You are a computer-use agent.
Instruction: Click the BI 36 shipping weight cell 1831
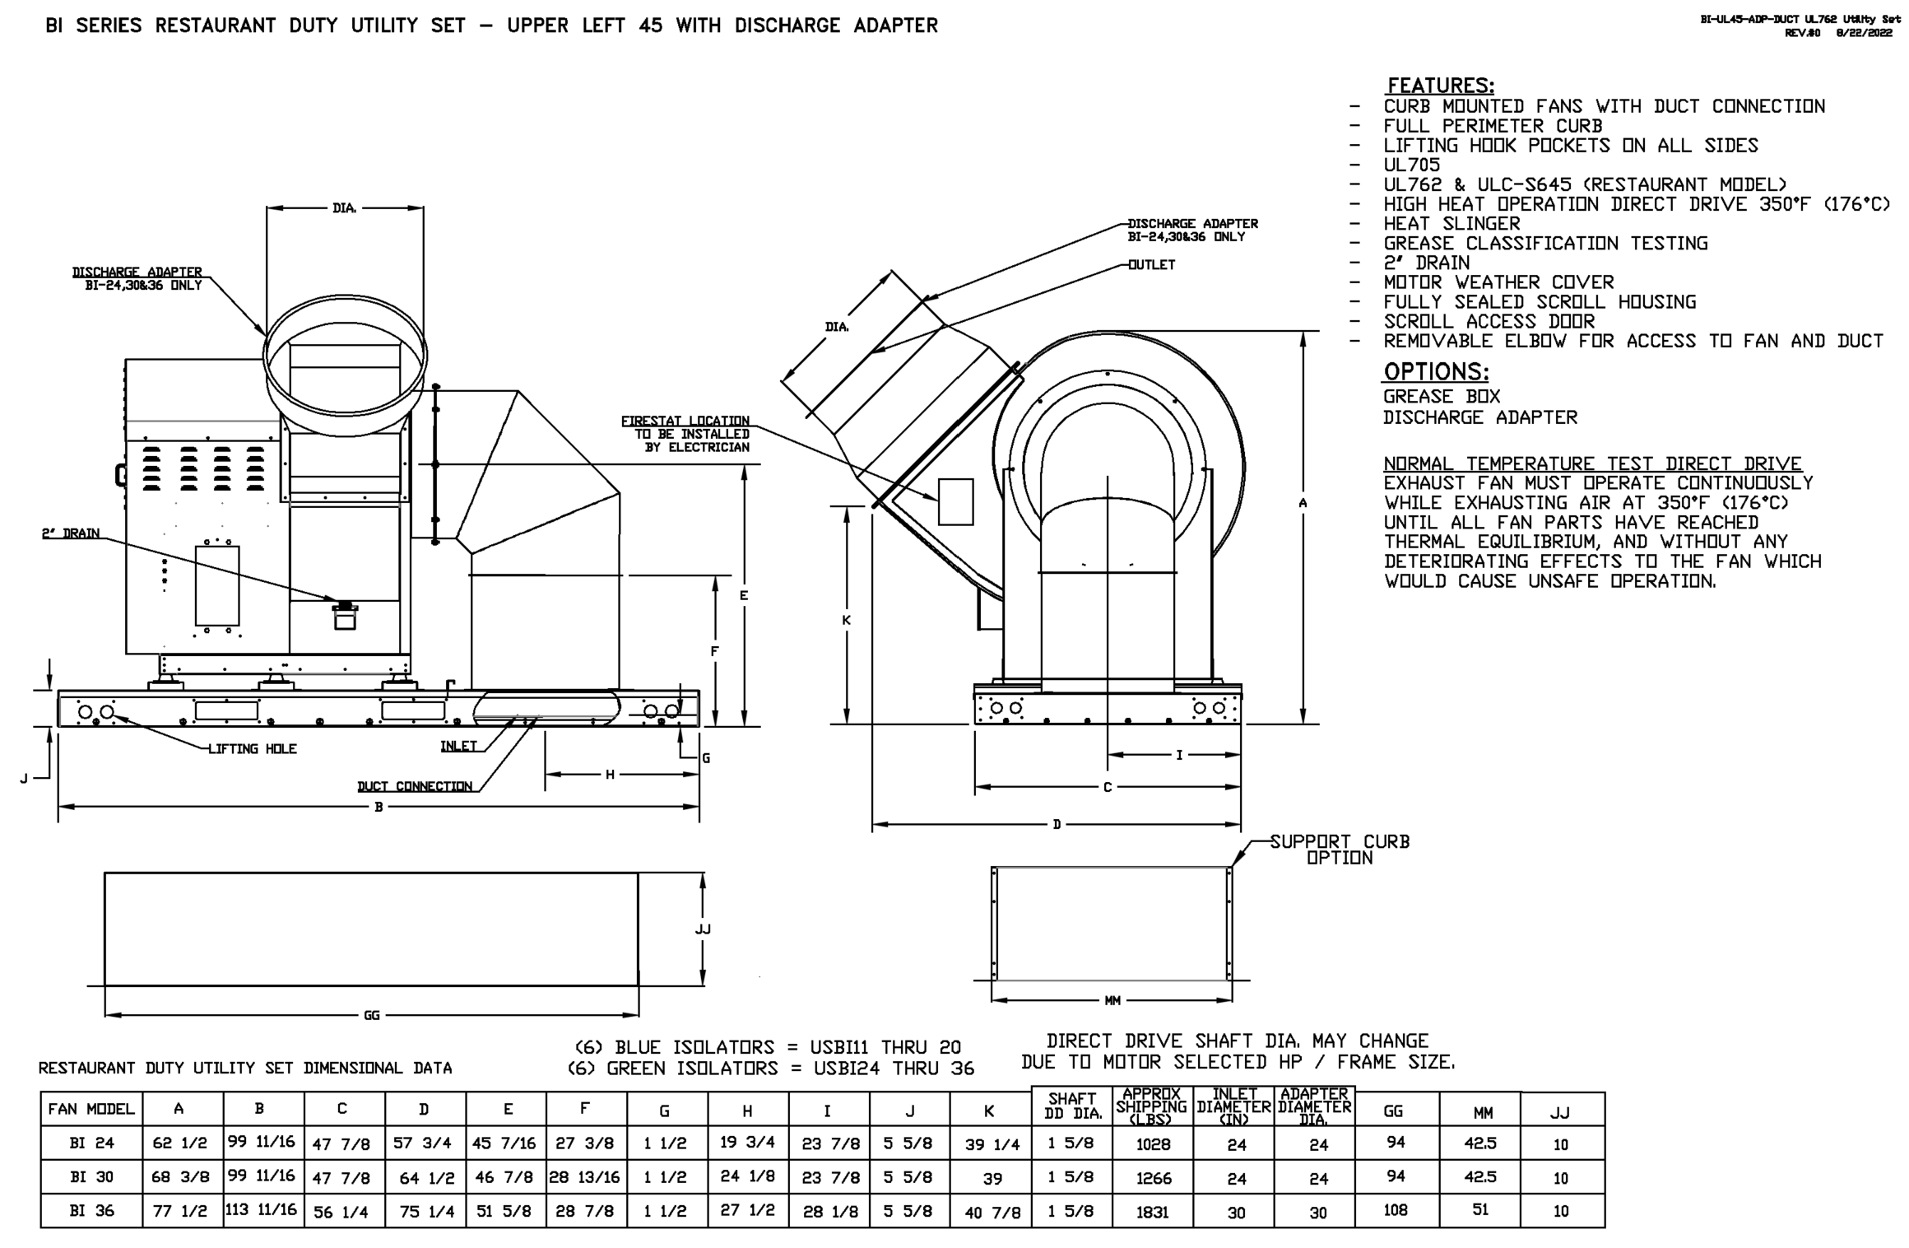(x=1152, y=1212)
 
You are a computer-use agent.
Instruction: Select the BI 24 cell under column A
(x=179, y=1143)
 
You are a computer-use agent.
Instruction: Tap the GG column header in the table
(x=1393, y=1111)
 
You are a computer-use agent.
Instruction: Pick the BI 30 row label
(x=91, y=1177)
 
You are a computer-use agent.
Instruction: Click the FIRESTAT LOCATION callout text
(x=685, y=434)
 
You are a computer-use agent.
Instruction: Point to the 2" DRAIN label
(x=71, y=533)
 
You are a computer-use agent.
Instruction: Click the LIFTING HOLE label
(x=252, y=749)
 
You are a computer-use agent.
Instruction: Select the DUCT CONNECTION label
(x=415, y=786)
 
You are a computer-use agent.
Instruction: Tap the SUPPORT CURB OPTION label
(x=1340, y=850)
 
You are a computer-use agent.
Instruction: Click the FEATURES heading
(x=1440, y=86)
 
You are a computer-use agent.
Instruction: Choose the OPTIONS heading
(x=1436, y=371)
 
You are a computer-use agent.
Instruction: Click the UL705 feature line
(x=1412, y=165)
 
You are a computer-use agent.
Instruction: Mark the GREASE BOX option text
(x=1442, y=397)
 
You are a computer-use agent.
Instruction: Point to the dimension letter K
(x=846, y=621)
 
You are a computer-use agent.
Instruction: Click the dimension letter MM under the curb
(x=1112, y=1001)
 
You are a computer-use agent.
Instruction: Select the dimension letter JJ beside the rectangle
(x=703, y=929)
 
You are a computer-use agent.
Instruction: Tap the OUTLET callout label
(x=1151, y=265)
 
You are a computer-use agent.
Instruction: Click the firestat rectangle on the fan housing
(x=955, y=501)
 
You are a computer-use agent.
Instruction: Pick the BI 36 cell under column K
(x=992, y=1213)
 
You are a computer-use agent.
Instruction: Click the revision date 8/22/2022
(x=1863, y=33)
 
